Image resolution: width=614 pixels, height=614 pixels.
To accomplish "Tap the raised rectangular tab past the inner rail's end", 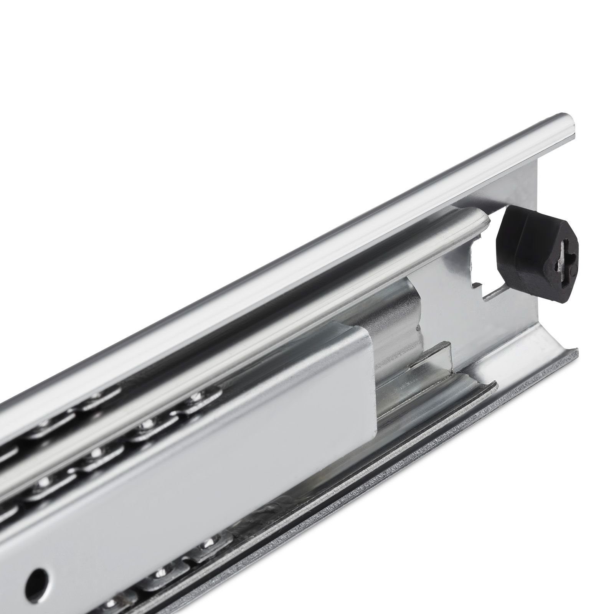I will click(x=434, y=355).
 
